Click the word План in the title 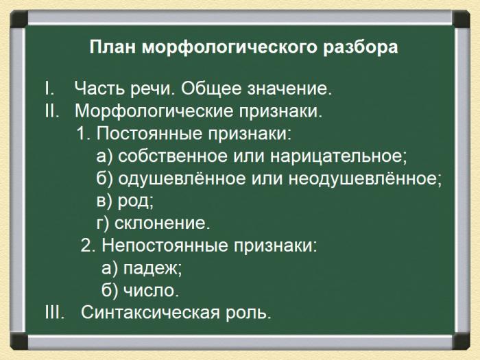(x=112, y=47)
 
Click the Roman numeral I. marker (x=49, y=88)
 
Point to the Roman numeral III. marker (x=55, y=312)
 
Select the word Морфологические (x=154, y=111)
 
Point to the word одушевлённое (x=182, y=178)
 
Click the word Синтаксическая (x=150, y=312)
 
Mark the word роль (x=248, y=313)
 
